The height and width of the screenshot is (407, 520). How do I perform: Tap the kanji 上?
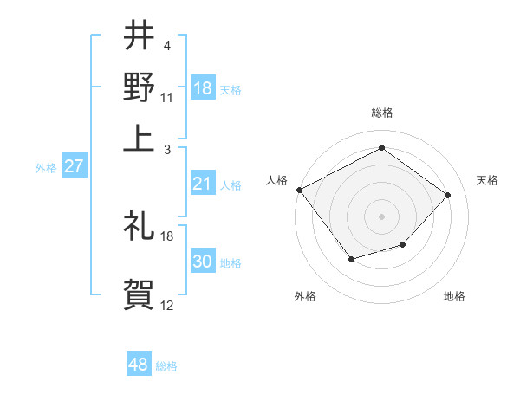click(x=139, y=135)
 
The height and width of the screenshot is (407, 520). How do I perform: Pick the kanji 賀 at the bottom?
click(x=139, y=294)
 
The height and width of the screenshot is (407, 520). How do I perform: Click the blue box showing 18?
click(x=203, y=88)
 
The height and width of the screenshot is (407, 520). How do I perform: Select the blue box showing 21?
click(x=203, y=184)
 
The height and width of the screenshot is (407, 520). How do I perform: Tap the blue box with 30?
click(x=203, y=262)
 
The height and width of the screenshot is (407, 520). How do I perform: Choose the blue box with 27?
click(x=74, y=166)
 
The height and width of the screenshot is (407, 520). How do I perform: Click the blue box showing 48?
click(x=139, y=365)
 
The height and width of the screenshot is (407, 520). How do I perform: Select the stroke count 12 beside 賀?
click(x=167, y=305)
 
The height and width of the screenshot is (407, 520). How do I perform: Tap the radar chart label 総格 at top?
click(x=382, y=113)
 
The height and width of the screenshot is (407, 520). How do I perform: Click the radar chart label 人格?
click(x=277, y=180)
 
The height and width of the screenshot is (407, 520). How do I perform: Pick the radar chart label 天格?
click(x=488, y=180)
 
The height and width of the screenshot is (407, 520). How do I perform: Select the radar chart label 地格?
click(x=454, y=296)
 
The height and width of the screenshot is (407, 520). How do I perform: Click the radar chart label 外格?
click(x=305, y=296)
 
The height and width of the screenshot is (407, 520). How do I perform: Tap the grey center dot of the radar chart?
click(x=381, y=216)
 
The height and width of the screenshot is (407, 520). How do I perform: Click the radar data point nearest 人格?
click(x=299, y=190)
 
